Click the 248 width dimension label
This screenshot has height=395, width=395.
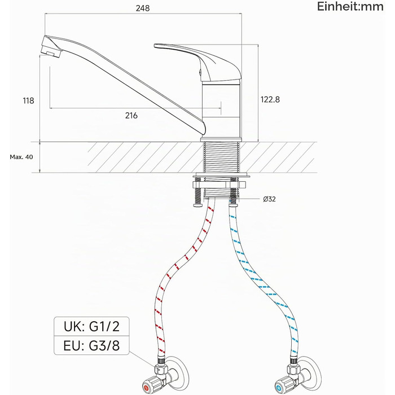point(143,8)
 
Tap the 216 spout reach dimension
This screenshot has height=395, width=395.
point(131,115)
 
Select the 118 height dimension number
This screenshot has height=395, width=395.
point(28,100)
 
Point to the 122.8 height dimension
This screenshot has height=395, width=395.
point(270,99)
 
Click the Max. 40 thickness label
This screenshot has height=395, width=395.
point(21,157)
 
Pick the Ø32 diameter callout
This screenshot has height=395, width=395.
point(269,199)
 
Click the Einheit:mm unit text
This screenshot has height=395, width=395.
point(350,7)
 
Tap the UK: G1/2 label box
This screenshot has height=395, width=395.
point(91,327)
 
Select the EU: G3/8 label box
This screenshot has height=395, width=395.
point(91,345)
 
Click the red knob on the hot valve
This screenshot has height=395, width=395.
point(146,388)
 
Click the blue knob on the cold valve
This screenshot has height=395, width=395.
point(279,388)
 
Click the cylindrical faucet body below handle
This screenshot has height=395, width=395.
point(221,109)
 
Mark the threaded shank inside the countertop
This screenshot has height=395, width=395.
point(221,157)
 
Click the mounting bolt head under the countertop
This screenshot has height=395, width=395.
point(198,205)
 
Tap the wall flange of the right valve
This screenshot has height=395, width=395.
point(313,372)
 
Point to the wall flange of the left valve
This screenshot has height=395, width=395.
point(181,372)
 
